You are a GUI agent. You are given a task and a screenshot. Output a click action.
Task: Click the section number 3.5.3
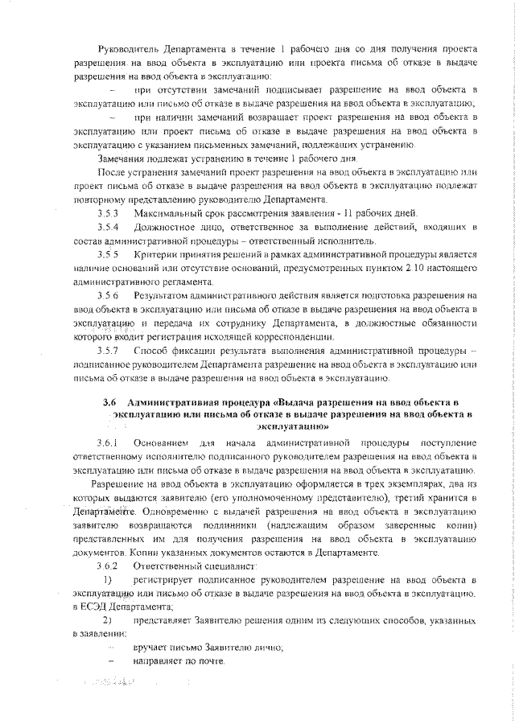pos(108,213)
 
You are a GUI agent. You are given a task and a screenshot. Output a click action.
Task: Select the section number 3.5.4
pos(108,228)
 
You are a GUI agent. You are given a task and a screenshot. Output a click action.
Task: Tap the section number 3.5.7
pos(108,352)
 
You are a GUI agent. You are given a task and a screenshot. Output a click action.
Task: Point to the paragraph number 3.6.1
pos(108,443)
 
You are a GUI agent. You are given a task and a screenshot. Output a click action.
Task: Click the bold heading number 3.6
pos(110,400)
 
